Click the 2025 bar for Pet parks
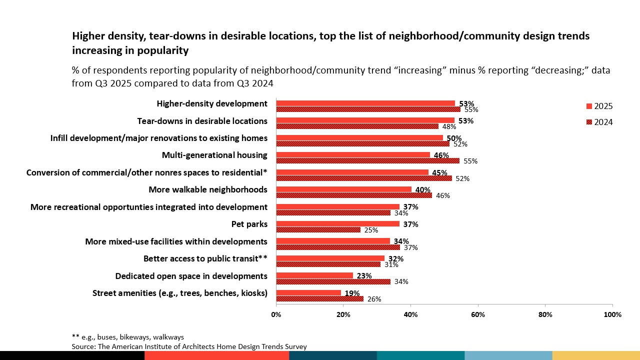tap(337, 224)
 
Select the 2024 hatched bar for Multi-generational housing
tap(367, 161)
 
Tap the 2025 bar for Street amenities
tap(308, 293)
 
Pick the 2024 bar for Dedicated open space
tap(333, 281)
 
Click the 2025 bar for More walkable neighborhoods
tap(343, 189)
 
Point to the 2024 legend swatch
tap(589, 122)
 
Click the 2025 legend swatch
tap(589, 106)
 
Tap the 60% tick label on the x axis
tap(477, 315)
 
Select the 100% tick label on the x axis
tap(612, 315)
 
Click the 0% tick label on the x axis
tap(276, 315)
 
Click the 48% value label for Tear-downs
tap(449, 127)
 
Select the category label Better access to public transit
tap(205, 258)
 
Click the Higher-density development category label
tap(212, 103)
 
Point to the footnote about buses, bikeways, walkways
tap(128, 337)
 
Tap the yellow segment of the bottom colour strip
tap(596, 355)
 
